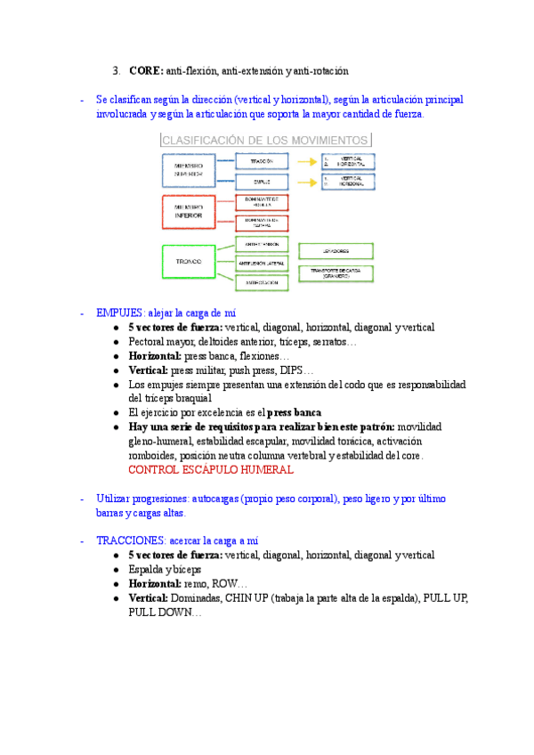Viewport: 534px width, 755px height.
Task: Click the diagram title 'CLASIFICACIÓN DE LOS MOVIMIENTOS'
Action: point(264,140)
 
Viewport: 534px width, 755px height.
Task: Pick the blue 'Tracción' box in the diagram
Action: point(263,161)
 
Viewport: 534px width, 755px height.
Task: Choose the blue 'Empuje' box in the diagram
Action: point(263,183)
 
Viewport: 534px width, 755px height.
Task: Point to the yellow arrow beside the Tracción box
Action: point(308,162)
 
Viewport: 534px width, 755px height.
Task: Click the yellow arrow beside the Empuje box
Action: point(308,183)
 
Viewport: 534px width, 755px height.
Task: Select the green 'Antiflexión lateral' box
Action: point(263,264)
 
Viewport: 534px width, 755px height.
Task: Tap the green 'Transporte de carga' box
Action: point(336,272)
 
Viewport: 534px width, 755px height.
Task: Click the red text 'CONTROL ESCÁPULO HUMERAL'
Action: point(211,469)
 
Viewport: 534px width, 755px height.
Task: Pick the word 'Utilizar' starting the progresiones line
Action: point(114,499)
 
